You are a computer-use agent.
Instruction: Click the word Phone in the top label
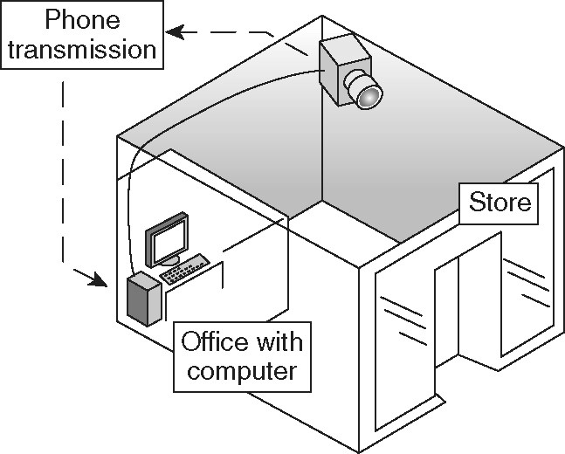click(x=82, y=19)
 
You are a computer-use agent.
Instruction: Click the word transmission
click(x=82, y=50)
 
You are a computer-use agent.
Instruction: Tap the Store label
click(x=500, y=203)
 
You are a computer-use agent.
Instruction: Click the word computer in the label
click(x=242, y=371)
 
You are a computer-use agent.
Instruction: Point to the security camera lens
click(x=369, y=96)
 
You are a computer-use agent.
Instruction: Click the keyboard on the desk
click(x=185, y=269)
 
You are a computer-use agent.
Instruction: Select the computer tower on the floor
click(x=144, y=299)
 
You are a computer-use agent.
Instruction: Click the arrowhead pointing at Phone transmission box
click(x=176, y=32)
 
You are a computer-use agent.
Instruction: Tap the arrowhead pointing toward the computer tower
click(x=98, y=279)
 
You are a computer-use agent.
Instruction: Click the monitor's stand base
click(x=169, y=261)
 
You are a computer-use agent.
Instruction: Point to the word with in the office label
click(x=279, y=341)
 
